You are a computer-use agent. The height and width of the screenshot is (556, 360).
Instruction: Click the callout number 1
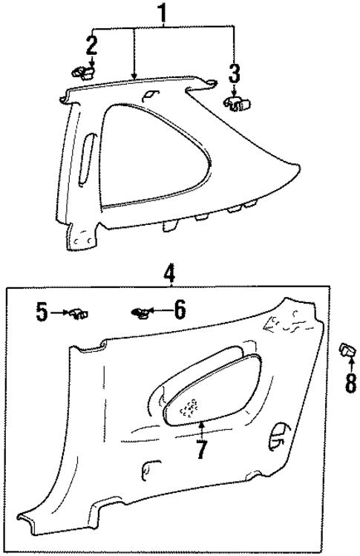tap(162, 13)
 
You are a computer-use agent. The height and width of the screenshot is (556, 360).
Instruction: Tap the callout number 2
tap(91, 46)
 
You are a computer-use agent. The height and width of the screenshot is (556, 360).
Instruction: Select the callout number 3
tap(234, 73)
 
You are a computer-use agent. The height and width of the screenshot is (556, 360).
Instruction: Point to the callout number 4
tap(169, 273)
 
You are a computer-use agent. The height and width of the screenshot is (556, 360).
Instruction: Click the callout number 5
tap(42, 311)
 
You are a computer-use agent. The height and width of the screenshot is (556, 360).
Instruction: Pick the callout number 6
tap(179, 310)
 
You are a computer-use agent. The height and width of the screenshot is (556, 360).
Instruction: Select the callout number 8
tap(350, 382)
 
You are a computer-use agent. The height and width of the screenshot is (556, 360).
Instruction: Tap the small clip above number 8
tap(347, 349)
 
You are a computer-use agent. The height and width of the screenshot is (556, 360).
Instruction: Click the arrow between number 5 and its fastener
tap(59, 313)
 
